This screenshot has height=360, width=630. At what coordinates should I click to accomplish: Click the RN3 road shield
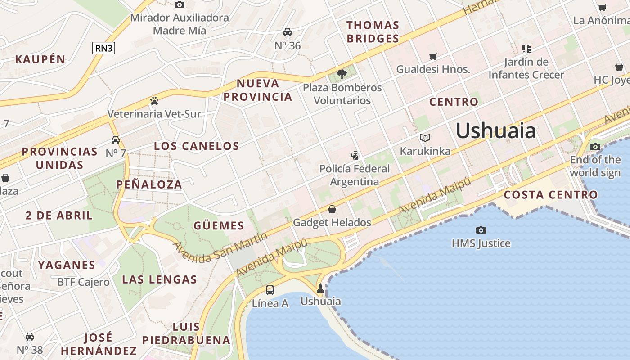tap(103, 48)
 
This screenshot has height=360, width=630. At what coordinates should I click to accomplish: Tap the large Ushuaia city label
tap(495, 131)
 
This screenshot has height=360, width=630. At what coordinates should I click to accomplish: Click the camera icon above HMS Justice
tap(481, 230)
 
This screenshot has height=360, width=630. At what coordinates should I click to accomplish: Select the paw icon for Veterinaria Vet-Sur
tap(154, 101)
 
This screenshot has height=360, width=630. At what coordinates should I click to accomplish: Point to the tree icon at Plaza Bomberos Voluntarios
tap(342, 74)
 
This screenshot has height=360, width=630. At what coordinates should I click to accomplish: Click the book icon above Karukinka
tap(425, 138)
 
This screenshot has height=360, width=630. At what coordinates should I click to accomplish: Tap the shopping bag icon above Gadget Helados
tap(332, 209)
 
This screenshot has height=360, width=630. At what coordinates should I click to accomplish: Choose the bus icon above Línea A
tap(270, 290)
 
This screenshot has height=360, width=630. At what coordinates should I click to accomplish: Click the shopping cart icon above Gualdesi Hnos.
tap(433, 56)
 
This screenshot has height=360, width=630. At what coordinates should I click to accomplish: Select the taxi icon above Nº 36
tap(288, 32)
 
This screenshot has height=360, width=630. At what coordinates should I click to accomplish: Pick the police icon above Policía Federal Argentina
tap(355, 156)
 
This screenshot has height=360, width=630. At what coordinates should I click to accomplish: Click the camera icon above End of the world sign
tap(595, 147)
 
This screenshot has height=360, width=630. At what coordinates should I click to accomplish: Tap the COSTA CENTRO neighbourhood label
tap(550, 195)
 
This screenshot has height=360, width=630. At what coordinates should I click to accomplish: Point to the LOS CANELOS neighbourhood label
tap(197, 146)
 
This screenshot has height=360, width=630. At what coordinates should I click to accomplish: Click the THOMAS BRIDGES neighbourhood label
tap(373, 31)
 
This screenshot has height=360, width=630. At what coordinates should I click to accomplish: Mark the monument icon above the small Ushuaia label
tap(320, 288)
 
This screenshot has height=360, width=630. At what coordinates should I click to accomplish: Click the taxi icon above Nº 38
tap(30, 337)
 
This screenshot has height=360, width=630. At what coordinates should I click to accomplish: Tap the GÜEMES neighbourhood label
tap(219, 225)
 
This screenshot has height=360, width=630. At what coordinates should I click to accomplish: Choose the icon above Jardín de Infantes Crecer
tap(526, 48)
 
